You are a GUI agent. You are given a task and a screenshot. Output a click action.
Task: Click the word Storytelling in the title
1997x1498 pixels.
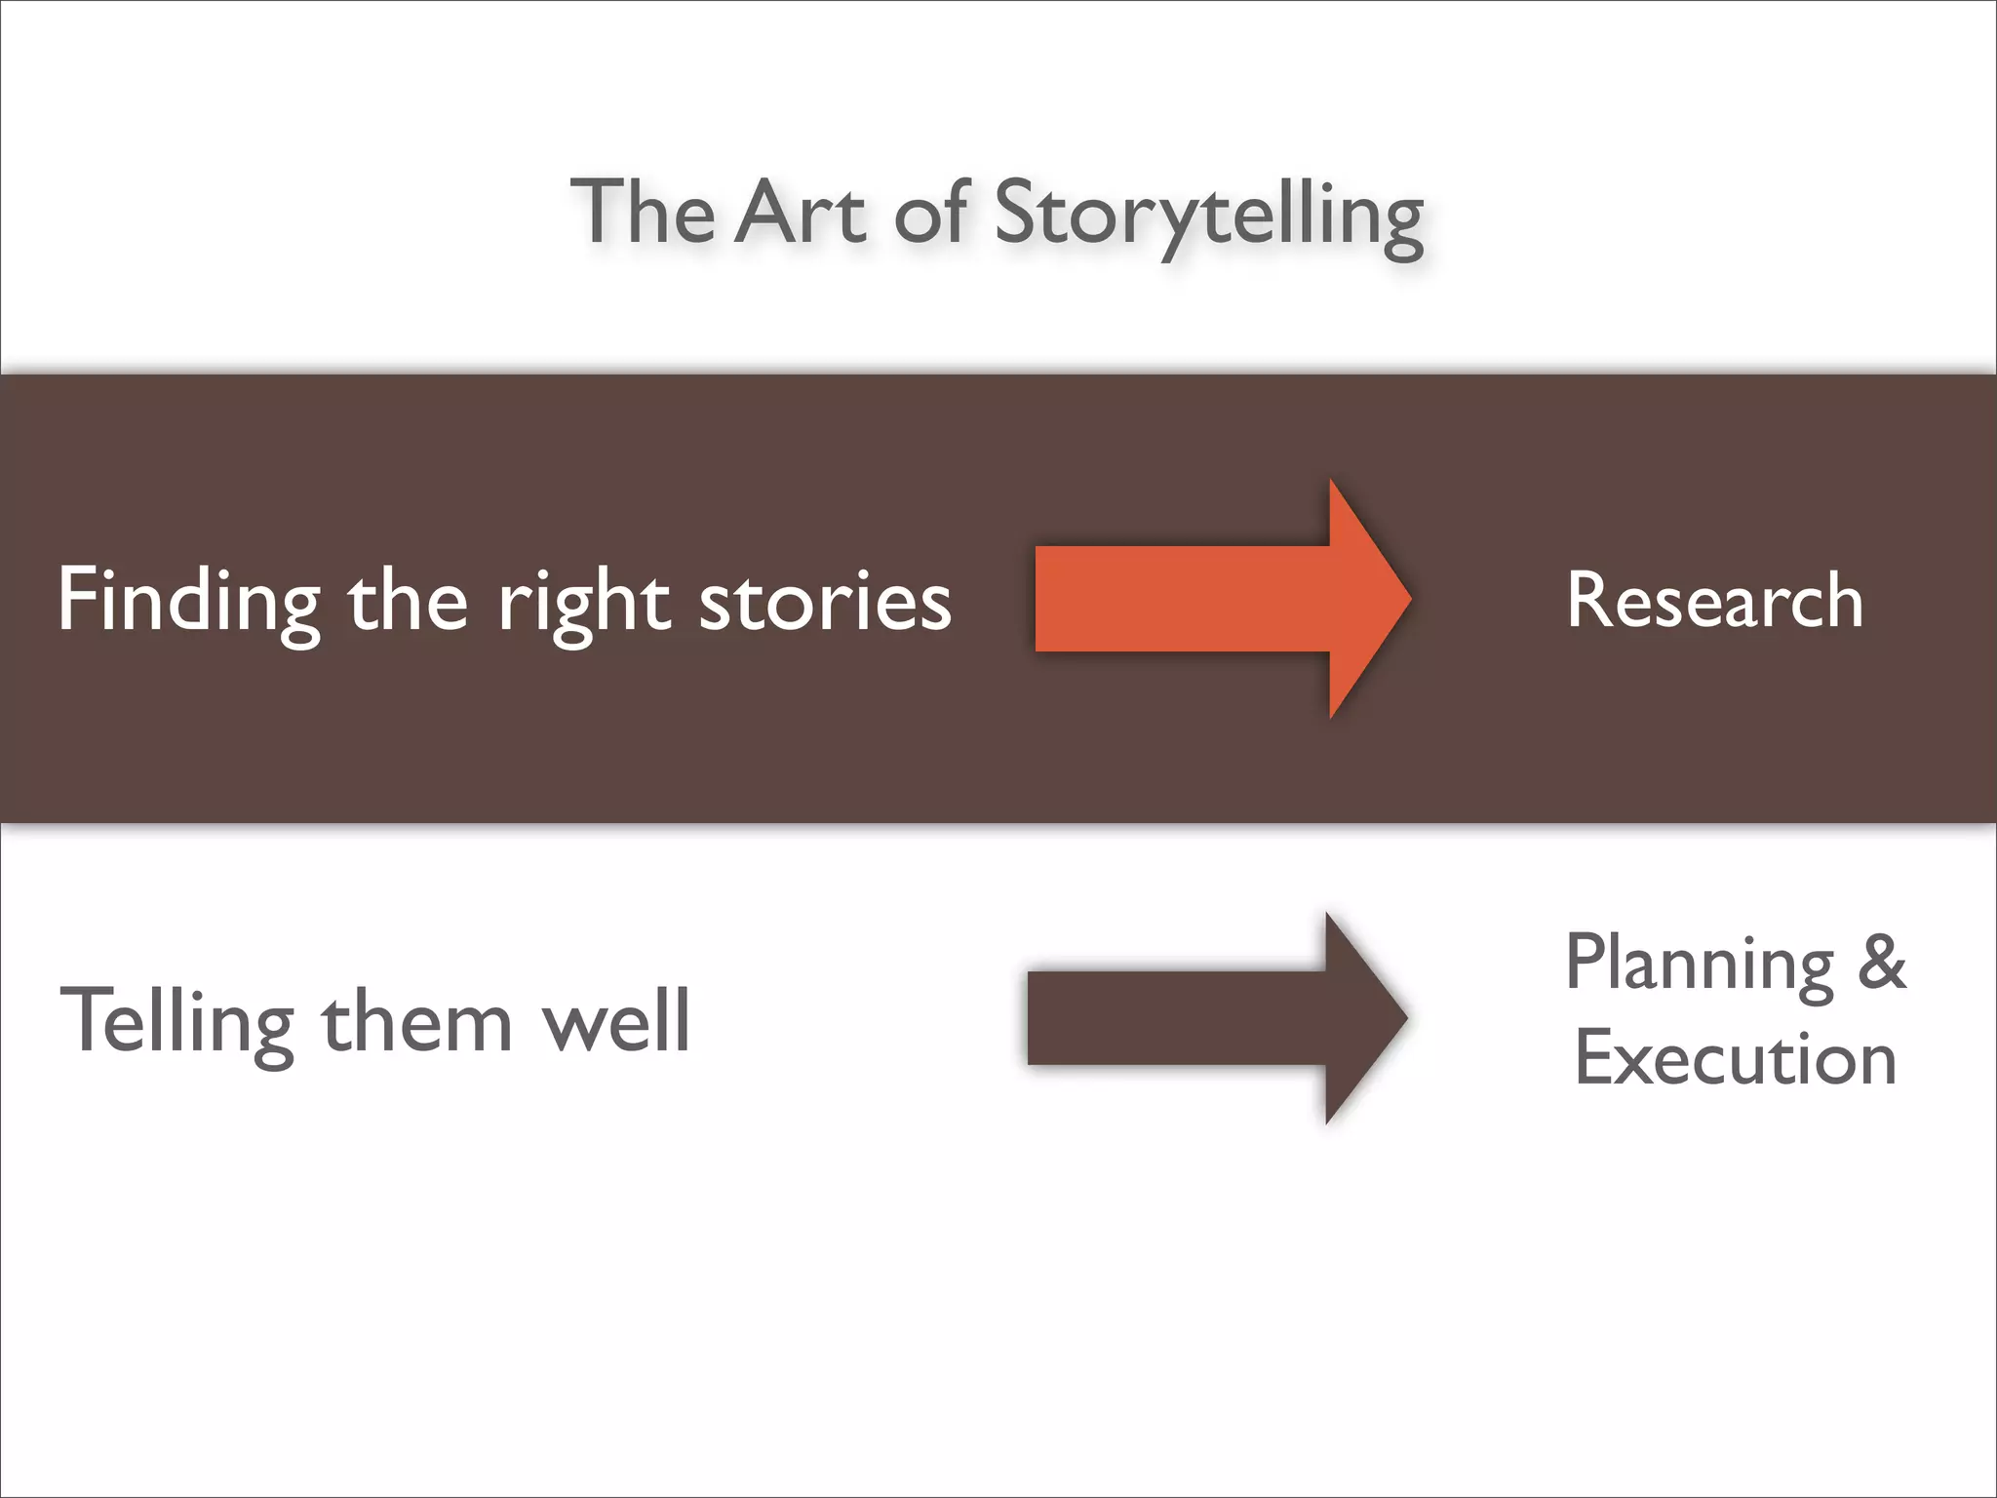(x=1209, y=215)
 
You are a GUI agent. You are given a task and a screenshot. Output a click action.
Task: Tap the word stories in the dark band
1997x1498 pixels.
(x=825, y=601)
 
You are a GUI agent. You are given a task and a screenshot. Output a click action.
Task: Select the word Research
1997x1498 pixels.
(x=1715, y=600)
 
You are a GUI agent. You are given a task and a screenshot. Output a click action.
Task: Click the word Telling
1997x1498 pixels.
(x=176, y=1022)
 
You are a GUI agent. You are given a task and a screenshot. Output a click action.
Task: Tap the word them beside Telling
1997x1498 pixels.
(x=416, y=1021)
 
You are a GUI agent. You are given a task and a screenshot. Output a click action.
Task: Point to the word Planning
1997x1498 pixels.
(x=1700, y=964)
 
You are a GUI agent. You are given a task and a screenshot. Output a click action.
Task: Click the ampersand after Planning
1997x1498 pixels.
(x=1881, y=962)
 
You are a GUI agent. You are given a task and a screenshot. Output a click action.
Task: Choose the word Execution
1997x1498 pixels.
(x=1736, y=1058)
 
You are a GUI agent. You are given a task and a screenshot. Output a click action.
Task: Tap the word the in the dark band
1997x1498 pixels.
(x=408, y=601)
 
